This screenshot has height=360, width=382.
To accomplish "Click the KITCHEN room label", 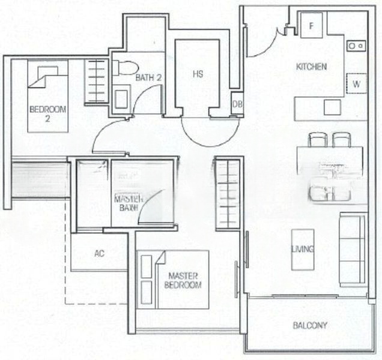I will tap(312, 67).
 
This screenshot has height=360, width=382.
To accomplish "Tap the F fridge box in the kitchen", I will tap(312, 26).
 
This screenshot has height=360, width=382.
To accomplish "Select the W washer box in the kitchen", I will tap(356, 83).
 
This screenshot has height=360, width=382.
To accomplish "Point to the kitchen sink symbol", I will tap(355, 44).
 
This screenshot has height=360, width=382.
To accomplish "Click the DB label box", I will tap(237, 104).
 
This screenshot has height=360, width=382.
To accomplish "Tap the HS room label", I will tap(197, 75).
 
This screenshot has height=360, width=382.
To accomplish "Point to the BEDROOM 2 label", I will tap(40, 113).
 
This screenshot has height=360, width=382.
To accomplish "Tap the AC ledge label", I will tap(99, 253).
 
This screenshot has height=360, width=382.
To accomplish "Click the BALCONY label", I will tap(310, 326).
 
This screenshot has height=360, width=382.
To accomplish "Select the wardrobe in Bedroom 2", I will tap(96, 76).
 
